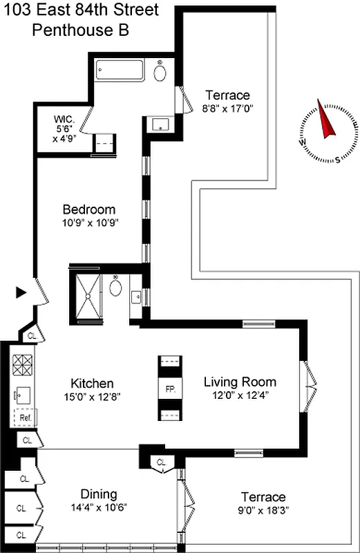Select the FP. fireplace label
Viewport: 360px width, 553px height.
(x=170, y=388)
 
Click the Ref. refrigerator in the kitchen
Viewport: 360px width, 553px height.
(x=25, y=418)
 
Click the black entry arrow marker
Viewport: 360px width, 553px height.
(x=21, y=292)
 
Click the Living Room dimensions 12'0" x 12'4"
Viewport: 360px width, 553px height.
(x=240, y=395)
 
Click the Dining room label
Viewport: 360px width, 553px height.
(x=99, y=494)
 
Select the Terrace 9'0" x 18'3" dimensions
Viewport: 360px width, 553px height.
(x=263, y=510)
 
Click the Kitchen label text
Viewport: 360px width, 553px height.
(x=92, y=384)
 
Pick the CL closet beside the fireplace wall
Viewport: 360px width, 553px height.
(x=161, y=462)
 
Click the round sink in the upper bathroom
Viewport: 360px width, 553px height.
(x=160, y=73)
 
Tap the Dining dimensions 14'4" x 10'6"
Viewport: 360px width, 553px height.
(x=99, y=507)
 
